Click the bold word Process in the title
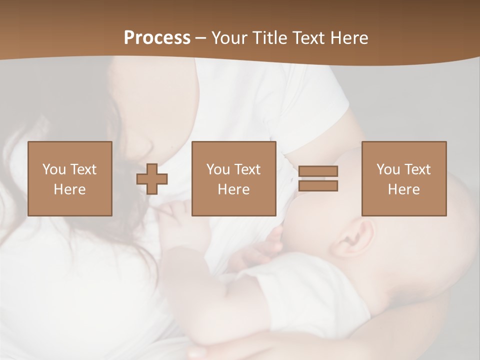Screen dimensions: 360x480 point(157,37)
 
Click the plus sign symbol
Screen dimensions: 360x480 point(152,179)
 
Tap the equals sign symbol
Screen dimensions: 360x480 point(318,178)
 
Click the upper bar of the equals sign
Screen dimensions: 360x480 point(318,171)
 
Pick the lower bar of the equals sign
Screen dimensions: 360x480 point(318,185)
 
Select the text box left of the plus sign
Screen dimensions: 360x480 point(70,178)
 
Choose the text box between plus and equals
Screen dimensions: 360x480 point(234,178)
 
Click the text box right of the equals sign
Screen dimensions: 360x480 point(404,178)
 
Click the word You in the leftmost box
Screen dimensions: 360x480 point(54,169)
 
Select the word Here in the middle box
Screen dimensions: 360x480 point(234,189)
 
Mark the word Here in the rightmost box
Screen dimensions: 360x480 point(404,189)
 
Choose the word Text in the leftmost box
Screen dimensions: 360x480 point(83,169)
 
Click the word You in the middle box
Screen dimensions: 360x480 point(218,169)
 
